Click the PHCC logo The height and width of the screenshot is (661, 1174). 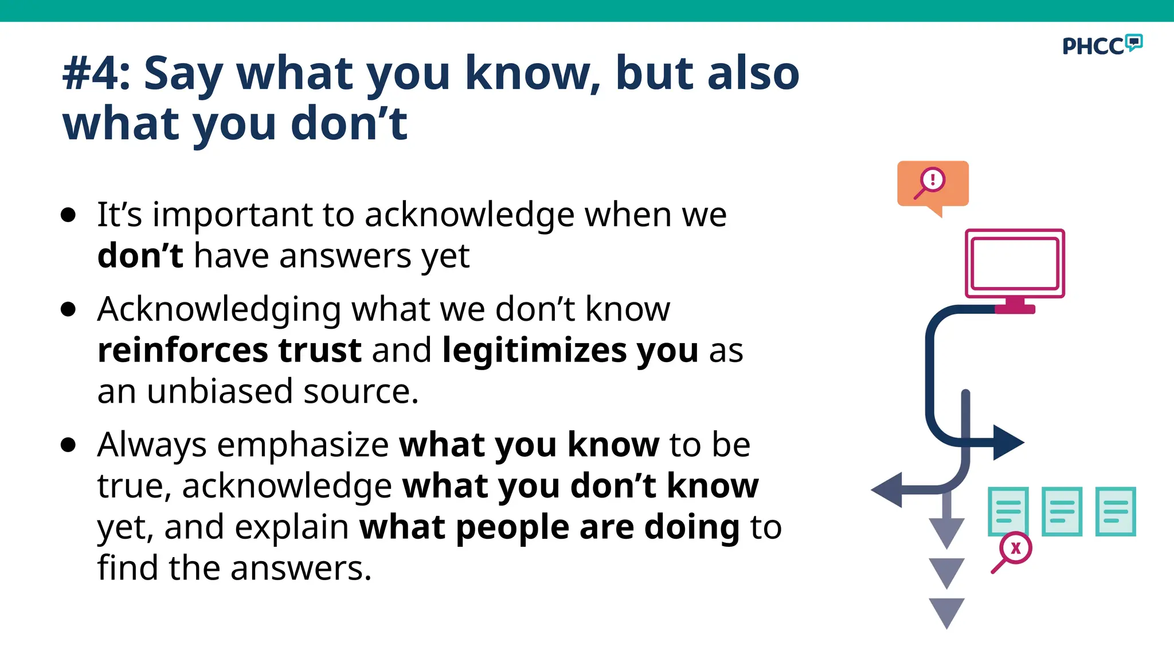tap(1101, 45)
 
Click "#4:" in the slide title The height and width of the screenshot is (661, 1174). tap(96, 73)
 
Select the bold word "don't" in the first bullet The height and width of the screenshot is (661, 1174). tap(140, 256)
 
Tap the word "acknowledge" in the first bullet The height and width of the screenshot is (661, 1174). tap(469, 215)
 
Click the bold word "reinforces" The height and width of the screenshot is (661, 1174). tap(182, 350)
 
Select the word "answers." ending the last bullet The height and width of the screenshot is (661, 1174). tap(301, 568)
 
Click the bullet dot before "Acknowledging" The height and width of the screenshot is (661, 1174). tap(68, 310)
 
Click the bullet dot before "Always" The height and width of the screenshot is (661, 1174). tap(68, 445)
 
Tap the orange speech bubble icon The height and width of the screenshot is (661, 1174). tap(933, 184)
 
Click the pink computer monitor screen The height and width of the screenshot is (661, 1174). tap(1015, 263)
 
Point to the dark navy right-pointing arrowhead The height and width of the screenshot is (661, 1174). tap(1008, 442)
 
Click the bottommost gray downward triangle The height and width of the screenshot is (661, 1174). tap(946, 611)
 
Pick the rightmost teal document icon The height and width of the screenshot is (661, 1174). tap(1115, 511)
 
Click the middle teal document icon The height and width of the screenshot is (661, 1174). tap(1061, 511)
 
